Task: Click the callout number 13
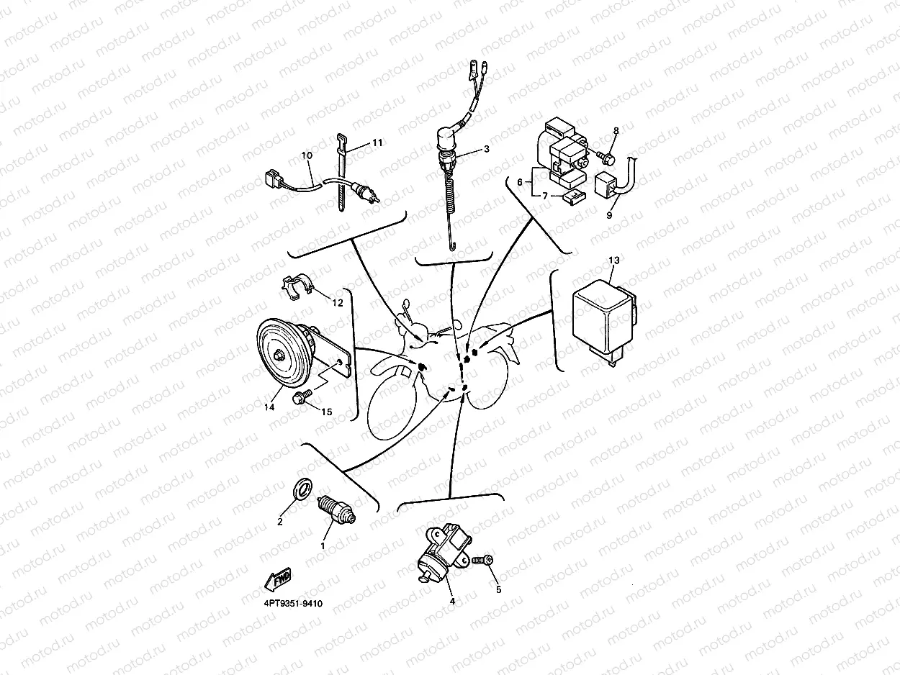(x=614, y=261)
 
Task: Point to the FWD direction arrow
(x=279, y=579)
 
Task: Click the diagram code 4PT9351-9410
(x=293, y=604)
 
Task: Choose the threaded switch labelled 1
(x=337, y=509)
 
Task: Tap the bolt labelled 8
(x=606, y=158)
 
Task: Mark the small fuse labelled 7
(x=575, y=197)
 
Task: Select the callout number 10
(x=307, y=155)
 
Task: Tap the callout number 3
(x=487, y=149)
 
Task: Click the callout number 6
(x=520, y=182)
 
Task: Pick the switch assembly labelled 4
(x=443, y=551)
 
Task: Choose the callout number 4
(x=452, y=601)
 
